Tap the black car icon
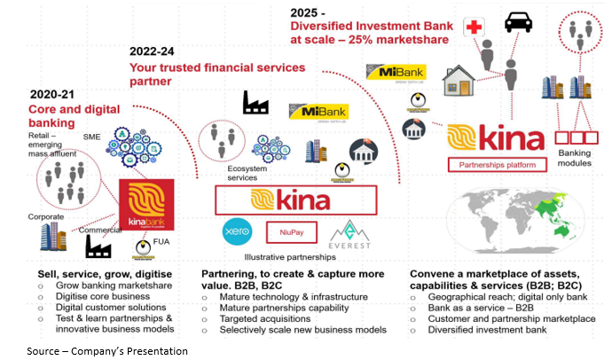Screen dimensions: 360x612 click(518, 21)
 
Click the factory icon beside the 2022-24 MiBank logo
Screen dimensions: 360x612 click(255, 104)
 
